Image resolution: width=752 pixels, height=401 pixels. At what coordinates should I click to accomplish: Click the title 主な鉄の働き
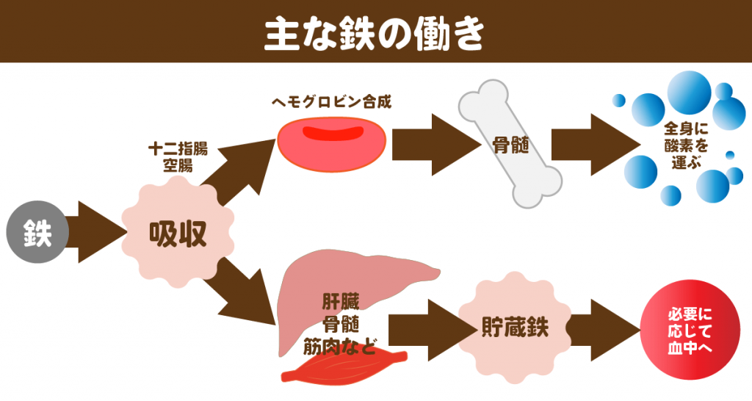point(375,34)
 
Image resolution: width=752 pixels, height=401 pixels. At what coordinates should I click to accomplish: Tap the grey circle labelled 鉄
point(37,232)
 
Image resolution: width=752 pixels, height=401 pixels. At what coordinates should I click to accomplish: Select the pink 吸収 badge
point(178,232)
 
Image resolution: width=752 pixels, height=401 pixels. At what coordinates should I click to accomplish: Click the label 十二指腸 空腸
point(178,157)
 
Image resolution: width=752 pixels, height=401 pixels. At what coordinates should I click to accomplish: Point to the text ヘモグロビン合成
point(331,101)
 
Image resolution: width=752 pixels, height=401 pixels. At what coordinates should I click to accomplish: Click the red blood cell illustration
point(332,145)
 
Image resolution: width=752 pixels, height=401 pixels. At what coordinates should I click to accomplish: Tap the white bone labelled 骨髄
point(510,144)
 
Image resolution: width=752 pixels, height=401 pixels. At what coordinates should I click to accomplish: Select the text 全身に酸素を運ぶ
point(686,145)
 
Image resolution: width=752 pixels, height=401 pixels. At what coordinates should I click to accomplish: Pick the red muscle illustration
point(344,366)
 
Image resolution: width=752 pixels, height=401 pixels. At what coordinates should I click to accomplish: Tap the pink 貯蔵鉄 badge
point(515,328)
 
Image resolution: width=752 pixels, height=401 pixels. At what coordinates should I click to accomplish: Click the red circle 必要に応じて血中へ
point(690,330)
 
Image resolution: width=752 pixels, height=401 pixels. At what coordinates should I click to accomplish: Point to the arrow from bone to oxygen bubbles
point(596,145)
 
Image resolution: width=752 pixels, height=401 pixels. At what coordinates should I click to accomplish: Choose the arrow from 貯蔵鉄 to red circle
point(604,330)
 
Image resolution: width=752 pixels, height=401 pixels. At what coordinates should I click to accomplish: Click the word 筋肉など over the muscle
point(339,347)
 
